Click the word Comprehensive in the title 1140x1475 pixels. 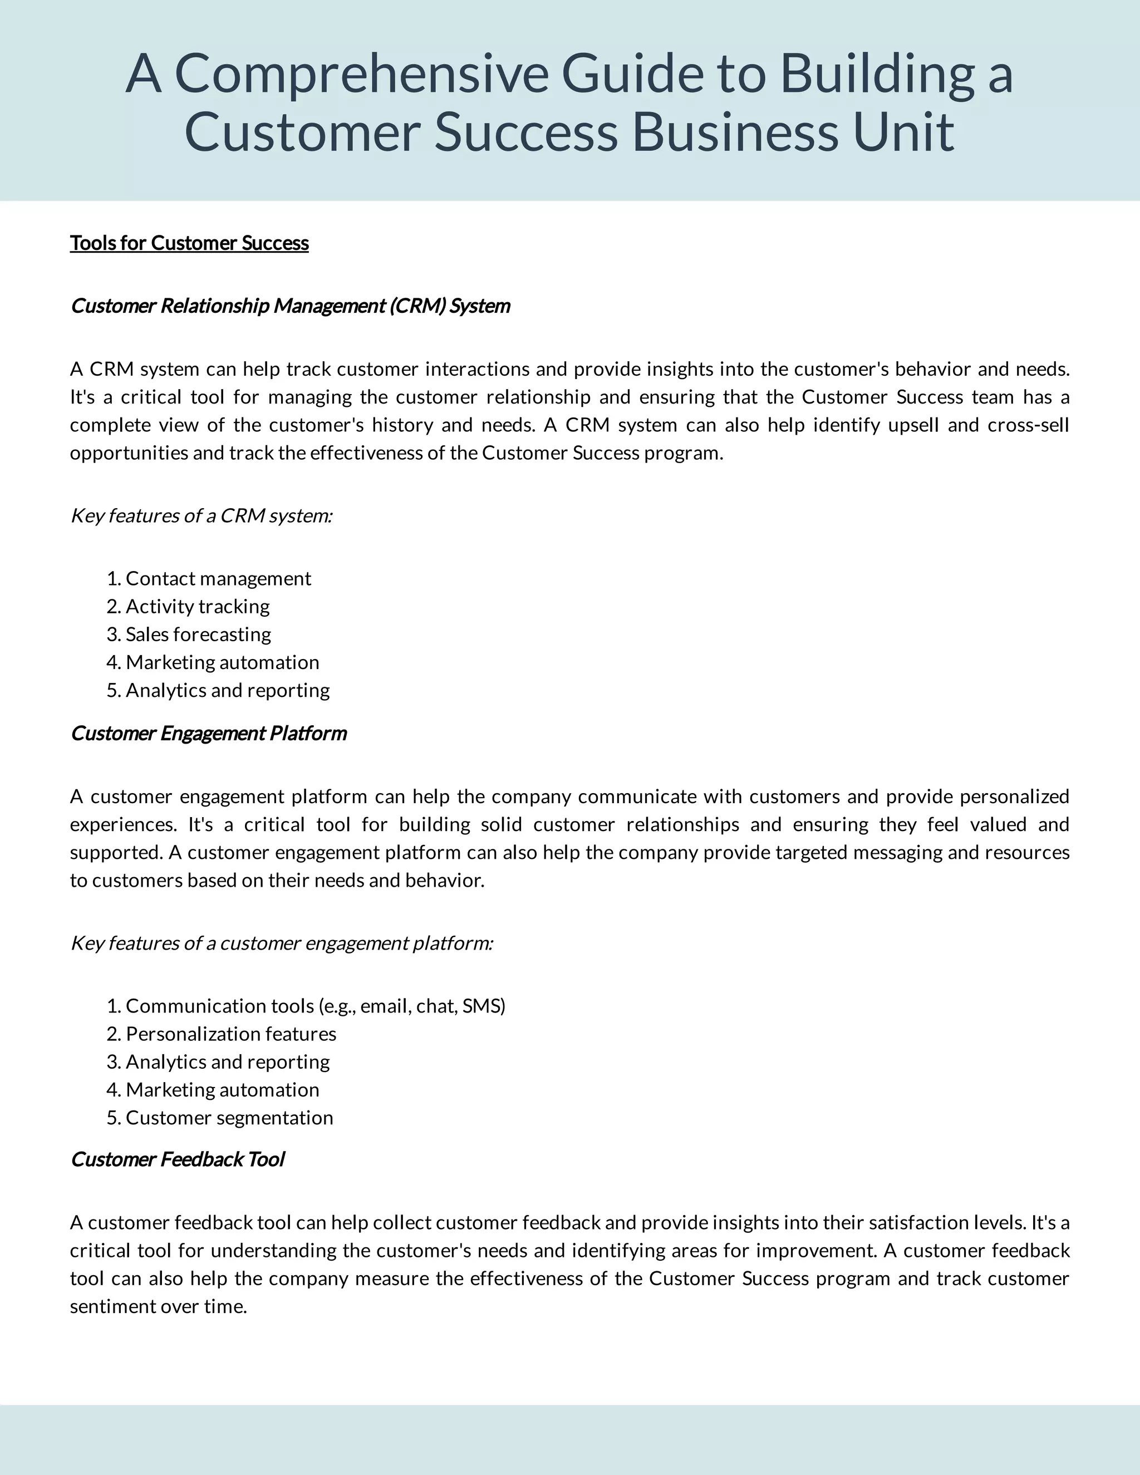pyautogui.click(x=361, y=74)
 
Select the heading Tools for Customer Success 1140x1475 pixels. pyautogui.click(x=189, y=243)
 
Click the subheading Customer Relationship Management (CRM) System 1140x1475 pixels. pyautogui.click(x=291, y=306)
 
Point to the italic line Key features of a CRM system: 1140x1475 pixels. pyautogui.click(x=202, y=516)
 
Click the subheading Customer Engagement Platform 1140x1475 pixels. pyautogui.click(x=209, y=734)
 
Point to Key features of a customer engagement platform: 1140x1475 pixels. pyautogui.click(x=282, y=943)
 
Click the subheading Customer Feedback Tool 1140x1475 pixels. pyautogui.click(x=178, y=1159)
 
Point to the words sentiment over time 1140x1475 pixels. pyautogui.click(x=158, y=1307)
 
